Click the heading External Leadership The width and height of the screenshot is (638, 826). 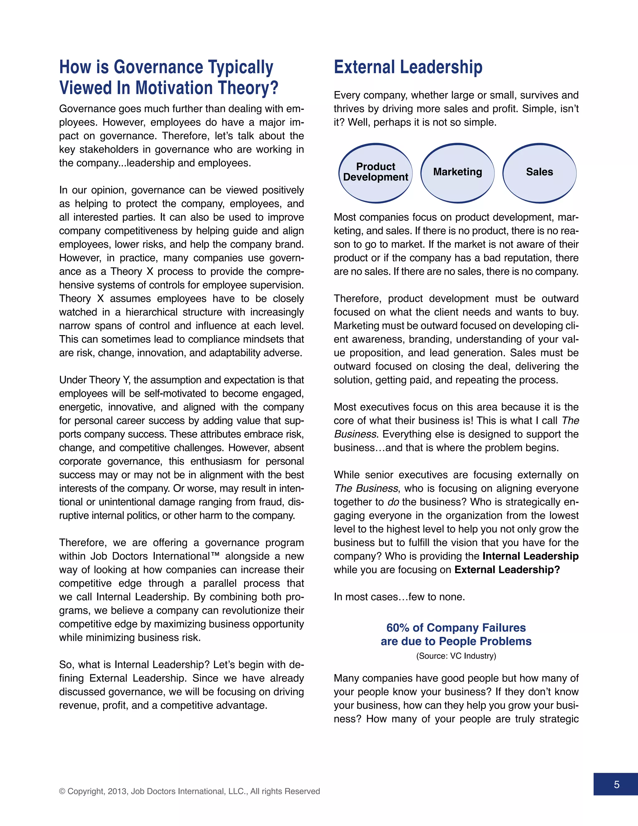coord(408,67)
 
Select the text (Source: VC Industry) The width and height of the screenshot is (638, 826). coord(456,656)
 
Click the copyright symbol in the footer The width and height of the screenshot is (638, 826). coord(62,791)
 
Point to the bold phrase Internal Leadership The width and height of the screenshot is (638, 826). coord(530,556)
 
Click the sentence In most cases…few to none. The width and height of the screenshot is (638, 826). coord(399,597)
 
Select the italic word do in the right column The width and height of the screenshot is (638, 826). coord(393,502)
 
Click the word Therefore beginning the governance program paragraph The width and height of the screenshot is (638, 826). coord(83,542)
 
